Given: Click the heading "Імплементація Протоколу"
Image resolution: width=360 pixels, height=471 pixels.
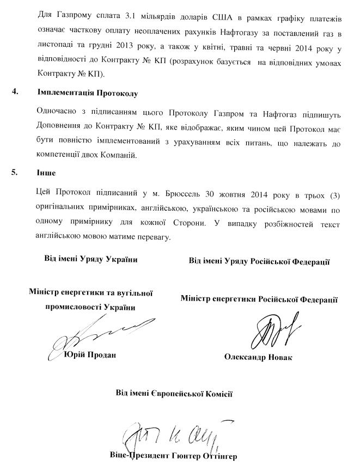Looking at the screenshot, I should tap(88, 93).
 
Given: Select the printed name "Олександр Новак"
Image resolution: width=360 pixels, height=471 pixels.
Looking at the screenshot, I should tap(258, 357).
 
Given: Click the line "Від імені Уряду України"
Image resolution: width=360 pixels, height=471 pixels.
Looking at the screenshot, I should tap(90, 259).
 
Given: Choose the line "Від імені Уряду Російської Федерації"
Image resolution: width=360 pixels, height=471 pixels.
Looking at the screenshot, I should tap(259, 261).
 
